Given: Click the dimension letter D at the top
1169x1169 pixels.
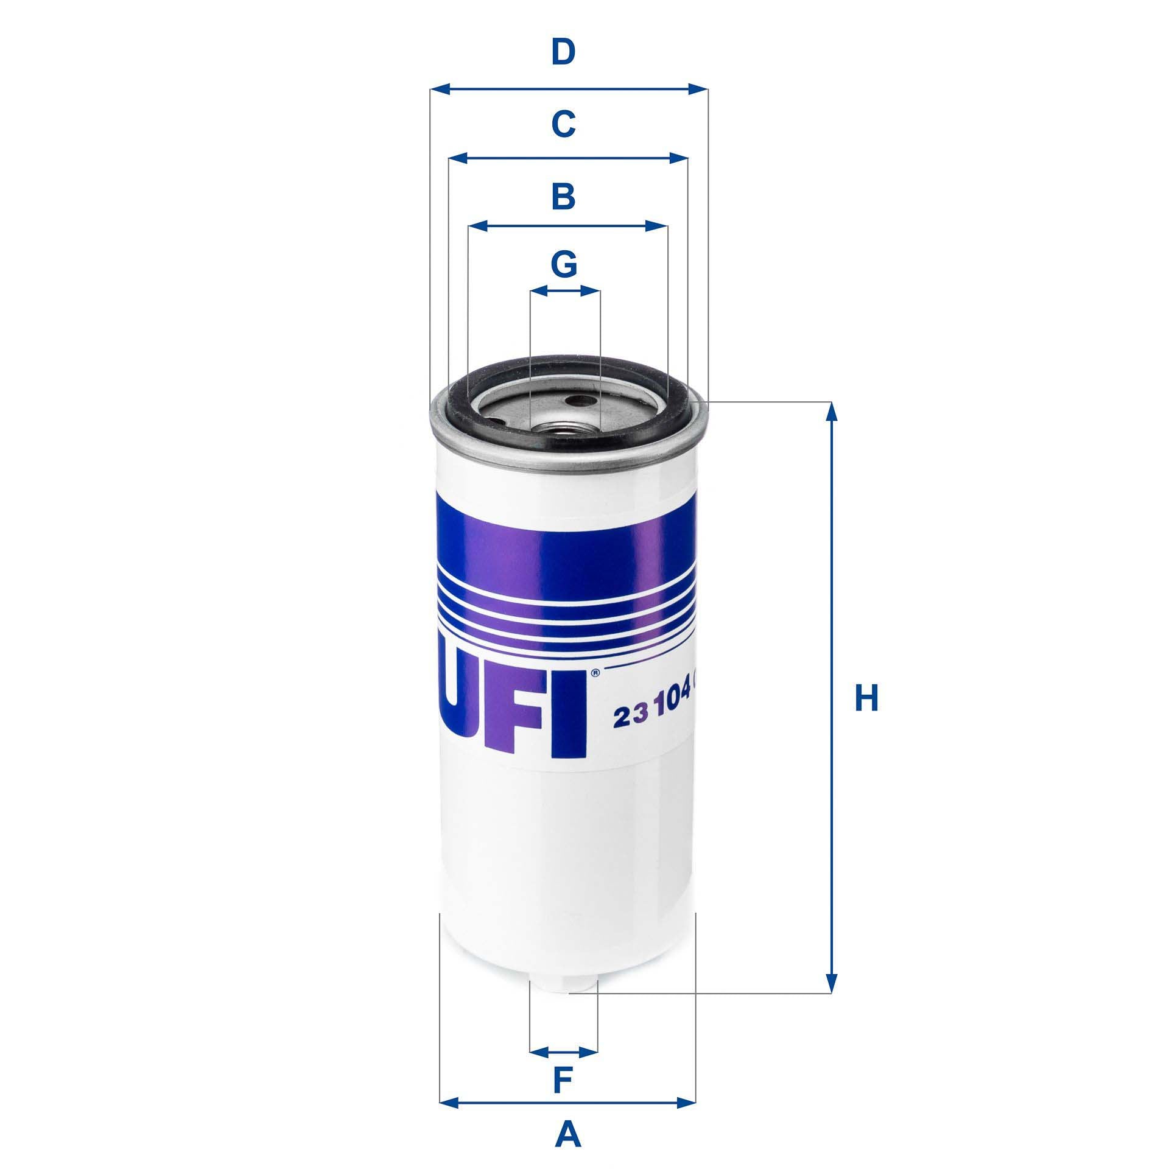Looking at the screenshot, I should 563,52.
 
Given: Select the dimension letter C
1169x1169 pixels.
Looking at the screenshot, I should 563,125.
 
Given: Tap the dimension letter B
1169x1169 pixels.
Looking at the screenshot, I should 563,197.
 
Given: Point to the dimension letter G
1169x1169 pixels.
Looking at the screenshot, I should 564,264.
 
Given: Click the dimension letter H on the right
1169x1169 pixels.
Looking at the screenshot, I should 866,698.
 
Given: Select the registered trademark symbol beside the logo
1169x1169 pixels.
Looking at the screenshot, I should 595,673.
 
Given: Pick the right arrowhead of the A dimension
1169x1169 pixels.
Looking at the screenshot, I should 686,1068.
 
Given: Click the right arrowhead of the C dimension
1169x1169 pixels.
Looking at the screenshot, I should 679,158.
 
